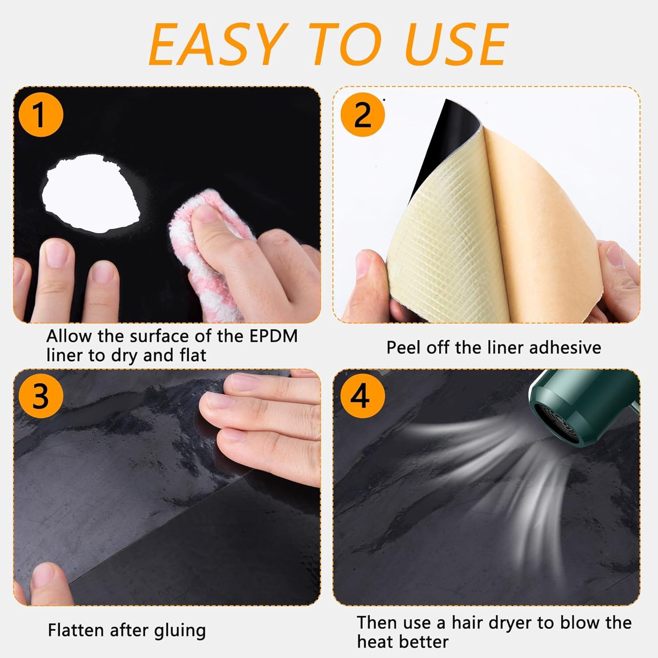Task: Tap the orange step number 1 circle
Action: tap(40, 115)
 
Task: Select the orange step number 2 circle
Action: tap(362, 115)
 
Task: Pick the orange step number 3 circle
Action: tap(40, 396)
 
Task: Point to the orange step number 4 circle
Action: tap(362, 396)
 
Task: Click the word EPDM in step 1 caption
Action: tap(273, 336)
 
